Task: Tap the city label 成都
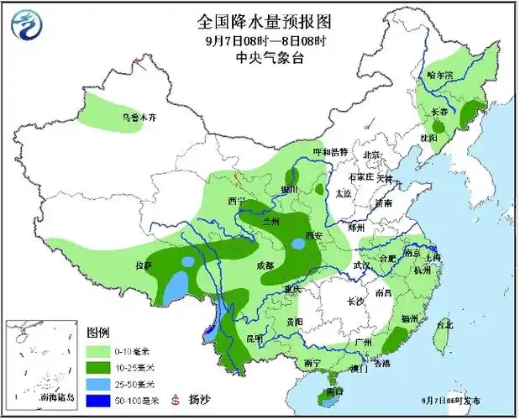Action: point(264,265)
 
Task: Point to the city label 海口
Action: point(334,391)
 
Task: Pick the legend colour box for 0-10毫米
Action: point(99,351)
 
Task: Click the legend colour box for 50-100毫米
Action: point(99,400)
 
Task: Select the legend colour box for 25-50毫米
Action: point(99,384)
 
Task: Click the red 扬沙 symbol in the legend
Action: point(176,400)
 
